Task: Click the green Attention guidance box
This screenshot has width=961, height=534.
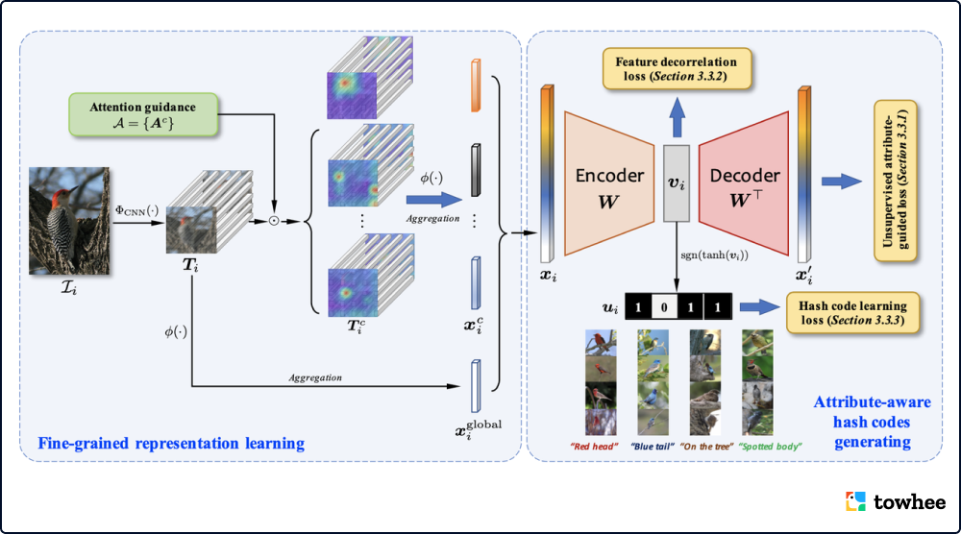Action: click(x=143, y=114)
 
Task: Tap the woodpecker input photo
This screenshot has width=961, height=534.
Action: click(x=69, y=221)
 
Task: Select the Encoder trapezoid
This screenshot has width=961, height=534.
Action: click(x=609, y=183)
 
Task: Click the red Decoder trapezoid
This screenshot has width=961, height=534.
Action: click(x=744, y=183)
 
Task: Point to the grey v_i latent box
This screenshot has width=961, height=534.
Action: click(x=677, y=183)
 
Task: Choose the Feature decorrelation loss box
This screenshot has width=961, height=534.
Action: click(x=677, y=68)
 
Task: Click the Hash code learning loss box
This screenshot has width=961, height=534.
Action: click(x=852, y=312)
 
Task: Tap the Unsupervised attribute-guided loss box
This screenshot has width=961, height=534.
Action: click(x=895, y=181)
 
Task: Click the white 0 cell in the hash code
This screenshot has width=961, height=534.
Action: click(x=664, y=306)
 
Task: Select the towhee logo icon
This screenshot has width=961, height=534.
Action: click(x=855, y=501)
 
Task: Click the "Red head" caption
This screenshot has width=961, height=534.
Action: click(x=594, y=447)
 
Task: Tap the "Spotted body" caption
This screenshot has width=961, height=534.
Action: click(x=770, y=447)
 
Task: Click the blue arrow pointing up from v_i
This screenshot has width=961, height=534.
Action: click(x=677, y=117)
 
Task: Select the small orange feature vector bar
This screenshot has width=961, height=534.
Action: click(x=476, y=85)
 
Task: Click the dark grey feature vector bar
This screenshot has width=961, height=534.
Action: click(x=476, y=170)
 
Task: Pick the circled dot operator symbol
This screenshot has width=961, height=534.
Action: click(x=274, y=221)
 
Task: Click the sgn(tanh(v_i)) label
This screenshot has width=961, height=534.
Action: click(x=714, y=255)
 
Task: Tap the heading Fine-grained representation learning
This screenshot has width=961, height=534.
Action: click(x=171, y=444)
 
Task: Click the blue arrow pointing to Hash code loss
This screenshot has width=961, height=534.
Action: click(x=759, y=306)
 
